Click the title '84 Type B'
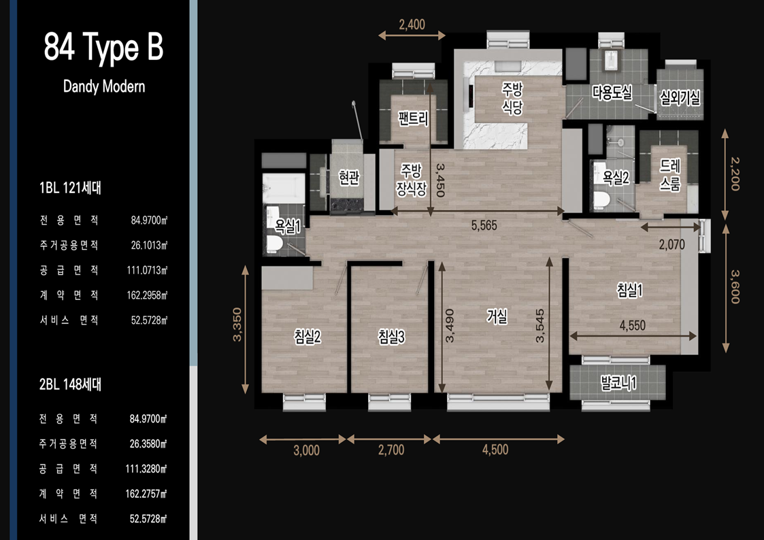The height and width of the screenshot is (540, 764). click(103, 47)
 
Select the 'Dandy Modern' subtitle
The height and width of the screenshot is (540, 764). click(104, 86)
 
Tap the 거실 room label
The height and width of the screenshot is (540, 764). click(497, 316)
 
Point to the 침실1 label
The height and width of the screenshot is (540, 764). click(629, 290)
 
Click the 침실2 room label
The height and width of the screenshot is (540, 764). click(308, 337)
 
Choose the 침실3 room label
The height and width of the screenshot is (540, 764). click(391, 337)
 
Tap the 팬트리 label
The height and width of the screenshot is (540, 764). click(413, 118)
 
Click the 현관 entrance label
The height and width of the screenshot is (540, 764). click(350, 178)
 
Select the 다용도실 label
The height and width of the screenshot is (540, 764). click(612, 92)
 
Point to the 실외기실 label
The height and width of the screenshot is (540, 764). click(680, 98)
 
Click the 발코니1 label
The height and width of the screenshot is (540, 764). click(618, 383)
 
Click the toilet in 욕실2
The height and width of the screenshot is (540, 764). click(602, 200)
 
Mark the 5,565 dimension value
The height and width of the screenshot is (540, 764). click(484, 225)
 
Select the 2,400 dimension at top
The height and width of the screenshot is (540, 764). click(412, 24)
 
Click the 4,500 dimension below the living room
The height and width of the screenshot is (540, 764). click(495, 450)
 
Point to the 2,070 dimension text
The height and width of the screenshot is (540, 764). click(672, 244)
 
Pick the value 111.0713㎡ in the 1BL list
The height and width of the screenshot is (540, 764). click(147, 270)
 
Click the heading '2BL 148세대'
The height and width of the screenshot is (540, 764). click(70, 384)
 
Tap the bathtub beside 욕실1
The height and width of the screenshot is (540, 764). click(284, 188)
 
